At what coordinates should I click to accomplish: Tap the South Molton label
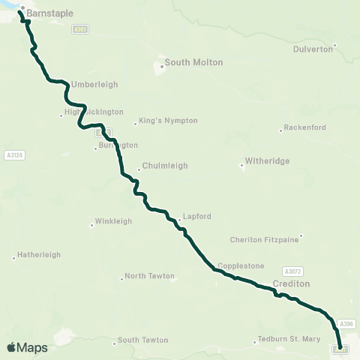193,62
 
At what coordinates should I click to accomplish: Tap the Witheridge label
267,161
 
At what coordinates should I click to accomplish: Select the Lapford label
197,217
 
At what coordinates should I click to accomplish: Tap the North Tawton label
149,276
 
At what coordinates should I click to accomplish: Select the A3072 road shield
292,271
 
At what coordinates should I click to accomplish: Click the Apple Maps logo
27,347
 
